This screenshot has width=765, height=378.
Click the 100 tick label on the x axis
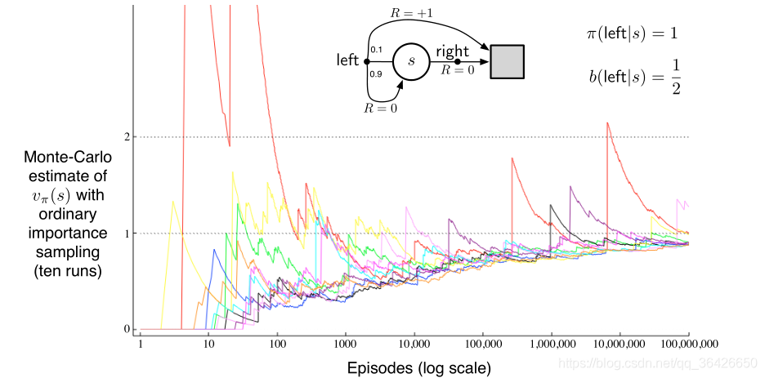tap(277, 345)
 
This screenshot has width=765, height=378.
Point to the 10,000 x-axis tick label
tap(414, 345)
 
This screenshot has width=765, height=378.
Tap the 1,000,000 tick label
tap(551, 345)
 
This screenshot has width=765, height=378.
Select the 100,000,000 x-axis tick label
tap(687, 345)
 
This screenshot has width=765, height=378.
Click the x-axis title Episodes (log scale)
tap(419, 368)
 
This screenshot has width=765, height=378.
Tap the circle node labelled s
tap(411, 61)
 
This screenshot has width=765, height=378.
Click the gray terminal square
tap(507, 62)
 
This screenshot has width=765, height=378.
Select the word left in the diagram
tap(348, 60)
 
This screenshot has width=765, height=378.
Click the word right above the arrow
tap(452, 51)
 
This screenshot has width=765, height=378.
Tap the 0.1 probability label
tap(376, 51)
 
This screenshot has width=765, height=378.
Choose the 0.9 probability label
tap(376, 74)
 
